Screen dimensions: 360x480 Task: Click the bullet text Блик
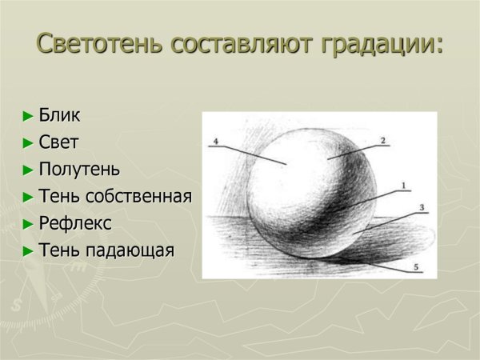click(60, 116)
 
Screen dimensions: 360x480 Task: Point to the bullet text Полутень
click(79, 170)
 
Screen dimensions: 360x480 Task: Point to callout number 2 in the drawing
click(382, 140)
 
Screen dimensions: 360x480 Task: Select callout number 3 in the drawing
click(422, 208)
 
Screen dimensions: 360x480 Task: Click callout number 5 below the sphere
click(415, 266)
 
